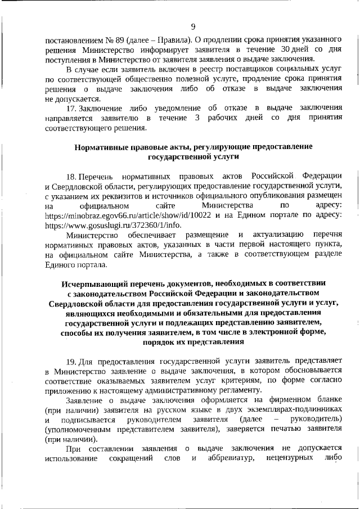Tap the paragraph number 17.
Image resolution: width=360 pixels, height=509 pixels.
[x=71, y=108]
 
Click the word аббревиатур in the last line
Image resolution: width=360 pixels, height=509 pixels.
[x=231, y=459]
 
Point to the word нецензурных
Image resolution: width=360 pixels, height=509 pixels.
[x=285, y=459]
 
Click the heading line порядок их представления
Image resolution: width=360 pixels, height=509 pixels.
[x=193, y=342]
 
